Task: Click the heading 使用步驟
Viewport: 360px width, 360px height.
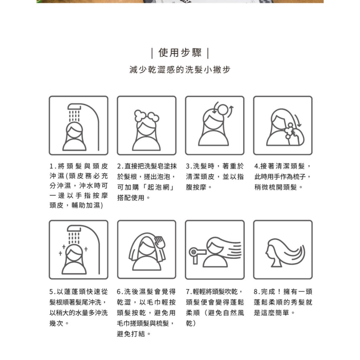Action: pyautogui.click(x=180, y=53)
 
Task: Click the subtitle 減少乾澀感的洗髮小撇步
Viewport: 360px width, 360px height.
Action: pyautogui.click(x=180, y=69)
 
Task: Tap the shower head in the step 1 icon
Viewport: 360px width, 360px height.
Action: pyautogui.click(x=74, y=107)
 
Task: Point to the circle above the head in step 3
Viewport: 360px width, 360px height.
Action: pyautogui.click(x=223, y=109)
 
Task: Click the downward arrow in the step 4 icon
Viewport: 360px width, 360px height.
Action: pyautogui.click(x=298, y=120)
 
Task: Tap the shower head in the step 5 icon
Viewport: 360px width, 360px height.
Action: pyautogui.click(x=74, y=229)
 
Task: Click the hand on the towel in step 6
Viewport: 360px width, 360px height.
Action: pyautogui.click(x=159, y=242)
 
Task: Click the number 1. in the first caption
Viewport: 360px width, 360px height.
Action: pyautogui.click(x=53, y=166)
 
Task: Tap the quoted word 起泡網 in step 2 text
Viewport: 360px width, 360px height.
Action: pyautogui.click(x=158, y=187)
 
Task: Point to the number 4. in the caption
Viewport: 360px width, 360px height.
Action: pyautogui.click(x=257, y=166)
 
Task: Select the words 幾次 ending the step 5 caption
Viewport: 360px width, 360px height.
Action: pyautogui.click(x=56, y=323)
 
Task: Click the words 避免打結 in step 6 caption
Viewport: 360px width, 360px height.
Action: pyautogui.click(x=131, y=334)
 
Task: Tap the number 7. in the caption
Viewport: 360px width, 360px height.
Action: pyautogui.click(x=189, y=292)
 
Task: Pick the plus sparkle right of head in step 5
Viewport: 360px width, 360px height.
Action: pyautogui.click(x=86, y=249)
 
